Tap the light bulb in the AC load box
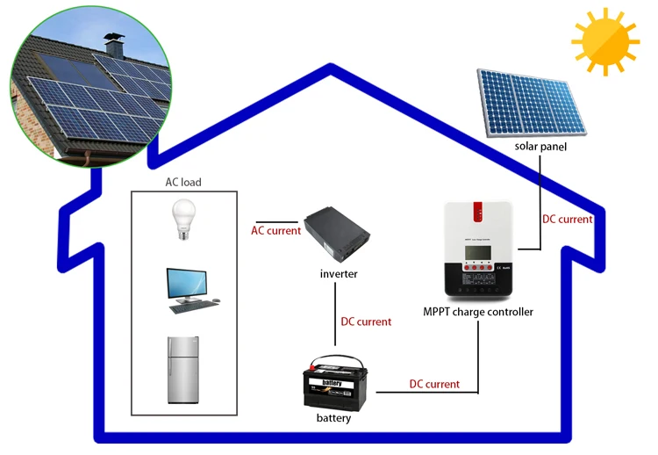coord(183,220)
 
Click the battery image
coord(333,383)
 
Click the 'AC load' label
coord(183,183)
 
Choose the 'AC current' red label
coord(275,231)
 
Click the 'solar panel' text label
coord(540,147)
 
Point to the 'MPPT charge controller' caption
coord(477,312)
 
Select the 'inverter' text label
coord(339,275)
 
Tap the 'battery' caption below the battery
coord(333,418)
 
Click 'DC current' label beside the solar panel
coord(567,220)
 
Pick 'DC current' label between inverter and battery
coord(366,322)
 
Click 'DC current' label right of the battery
coord(434,384)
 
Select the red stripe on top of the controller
coord(478,212)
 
